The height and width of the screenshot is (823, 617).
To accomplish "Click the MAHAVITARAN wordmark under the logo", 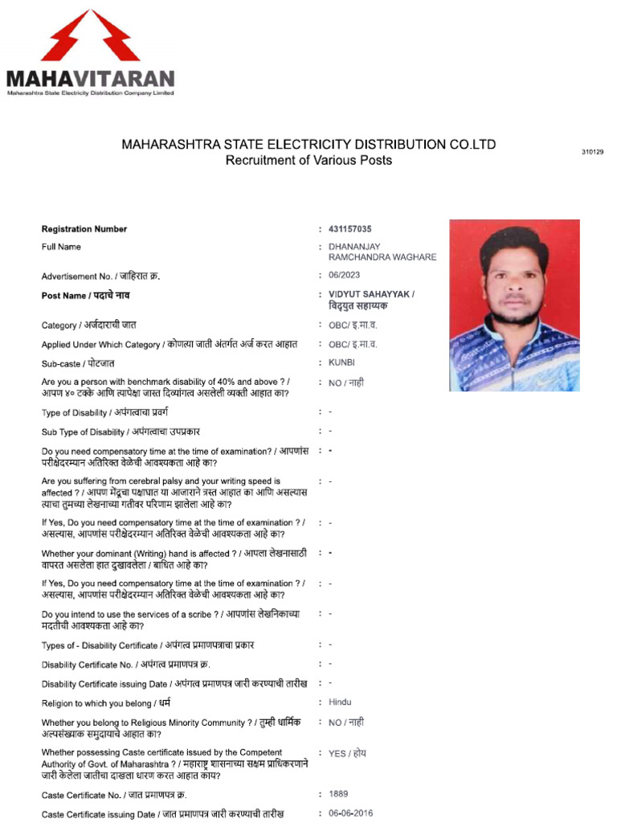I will pyautogui.click(x=90, y=79).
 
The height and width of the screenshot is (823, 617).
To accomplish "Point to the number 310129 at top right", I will pyautogui.click(x=592, y=152).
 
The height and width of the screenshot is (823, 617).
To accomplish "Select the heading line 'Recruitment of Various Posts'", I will pyautogui.click(x=308, y=161).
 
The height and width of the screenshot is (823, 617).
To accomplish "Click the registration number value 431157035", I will pyautogui.click(x=350, y=229).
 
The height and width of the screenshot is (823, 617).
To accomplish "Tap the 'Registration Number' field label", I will pyautogui.click(x=84, y=229).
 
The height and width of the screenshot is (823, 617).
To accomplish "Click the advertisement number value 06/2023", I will pyautogui.click(x=344, y=276).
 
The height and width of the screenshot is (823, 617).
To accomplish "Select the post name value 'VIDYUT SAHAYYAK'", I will pyautogui.click(x=371, y=294).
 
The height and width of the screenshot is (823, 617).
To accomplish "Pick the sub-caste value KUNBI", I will pyautogui.click(x=341, y=363).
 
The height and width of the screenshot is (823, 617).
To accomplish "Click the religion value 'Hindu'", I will pyautogui.click(x=340, y=702).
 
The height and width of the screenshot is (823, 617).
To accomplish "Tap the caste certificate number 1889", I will pyautogui.click(x=338, y=794).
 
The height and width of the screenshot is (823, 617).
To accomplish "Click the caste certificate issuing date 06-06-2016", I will pyautogui.click(x=350, y=813).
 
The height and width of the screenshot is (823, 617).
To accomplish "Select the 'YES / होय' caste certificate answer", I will pyautogui.click(x=347, y=753).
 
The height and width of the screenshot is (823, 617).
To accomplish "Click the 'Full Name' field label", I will pyautogui.click(x=61, y=247).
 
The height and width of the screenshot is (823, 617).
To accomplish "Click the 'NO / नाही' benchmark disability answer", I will pyautogui.click(x=346, y=383).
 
